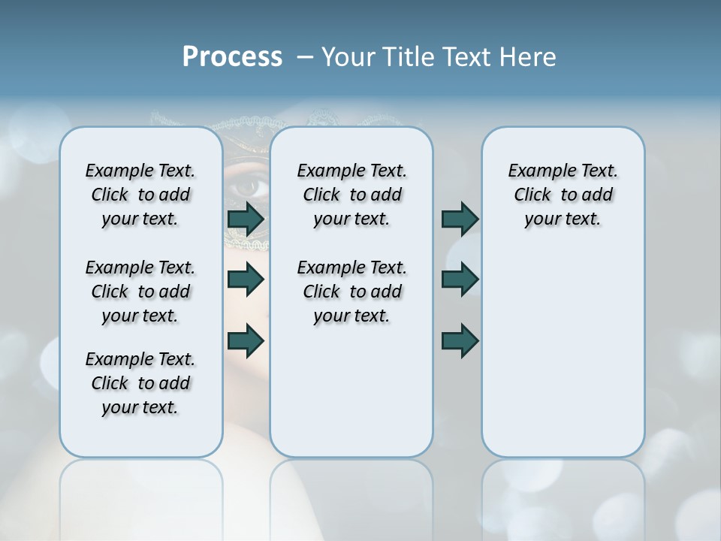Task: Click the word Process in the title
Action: (x=232, y=57)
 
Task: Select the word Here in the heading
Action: (x=528, y=57)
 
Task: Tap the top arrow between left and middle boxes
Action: (x=246, y=219)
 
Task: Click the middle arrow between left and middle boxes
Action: (x=246, y=280)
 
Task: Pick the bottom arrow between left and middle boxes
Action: (x=246, y=340)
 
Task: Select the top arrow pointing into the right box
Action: (x=460, y=219)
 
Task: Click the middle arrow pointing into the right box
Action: (x=460, y=280)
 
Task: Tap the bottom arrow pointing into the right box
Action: (x=460, y=340)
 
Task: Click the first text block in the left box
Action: (x=140, y=195)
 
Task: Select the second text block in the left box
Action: (x=140, y=292)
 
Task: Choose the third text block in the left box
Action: (x=140, y=383)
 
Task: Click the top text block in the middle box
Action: (x=351, y=195)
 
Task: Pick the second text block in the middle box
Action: (x=351, y=292)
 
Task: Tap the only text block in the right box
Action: (x=563, y=195)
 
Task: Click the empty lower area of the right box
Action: (x=563, y=361)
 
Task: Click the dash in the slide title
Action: (x=305, y=57)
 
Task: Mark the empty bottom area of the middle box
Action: (x=351, y=398)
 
